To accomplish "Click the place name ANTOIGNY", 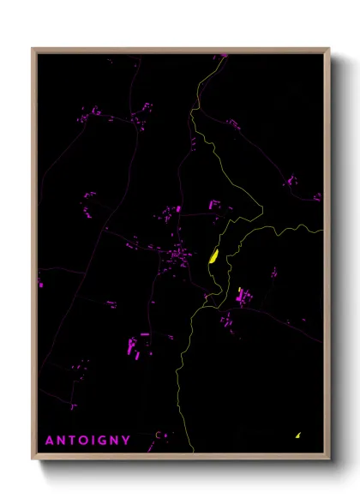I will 88,441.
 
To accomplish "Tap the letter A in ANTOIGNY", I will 50,441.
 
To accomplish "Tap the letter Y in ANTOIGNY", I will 127,441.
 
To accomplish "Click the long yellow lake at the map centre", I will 213,255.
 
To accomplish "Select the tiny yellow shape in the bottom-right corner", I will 297,435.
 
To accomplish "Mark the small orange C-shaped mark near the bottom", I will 158,435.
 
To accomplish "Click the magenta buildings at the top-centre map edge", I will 221,56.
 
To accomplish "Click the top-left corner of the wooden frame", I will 33,49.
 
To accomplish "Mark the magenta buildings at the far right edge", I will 317,196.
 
